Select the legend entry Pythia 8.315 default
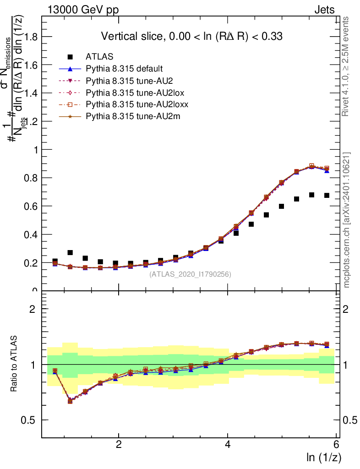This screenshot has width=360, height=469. (x=124, y=69)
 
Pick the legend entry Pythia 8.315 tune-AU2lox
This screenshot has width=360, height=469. (x=128, y=93)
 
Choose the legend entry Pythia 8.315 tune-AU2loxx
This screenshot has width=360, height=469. (x=130, y=104)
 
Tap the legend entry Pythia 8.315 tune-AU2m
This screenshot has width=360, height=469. (x=126, y=116)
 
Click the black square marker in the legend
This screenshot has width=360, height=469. (x=70, y=57)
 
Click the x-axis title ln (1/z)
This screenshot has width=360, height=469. (x=323, y=458)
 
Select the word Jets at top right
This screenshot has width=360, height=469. (x=324, y=10)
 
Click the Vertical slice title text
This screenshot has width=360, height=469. (x=195, y=36)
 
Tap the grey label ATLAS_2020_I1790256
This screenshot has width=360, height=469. (x=190, y=274)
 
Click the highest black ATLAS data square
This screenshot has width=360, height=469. (x=312, y=195)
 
